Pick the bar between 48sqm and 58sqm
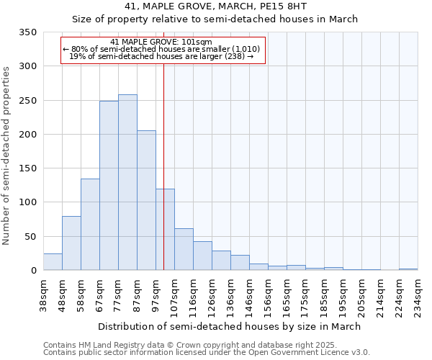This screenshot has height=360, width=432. pyautogui.click(x=71, y=243)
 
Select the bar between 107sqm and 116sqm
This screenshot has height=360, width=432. pyautogui.click(x=184, y=249)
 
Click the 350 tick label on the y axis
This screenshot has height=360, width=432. pyautogui.click(x=27, y=32)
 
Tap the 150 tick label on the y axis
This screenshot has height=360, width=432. pyautogui.click(x=27, y=168)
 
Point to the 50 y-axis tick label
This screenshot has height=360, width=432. pyautogui.click(x=30, y=236)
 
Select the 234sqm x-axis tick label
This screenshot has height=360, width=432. pyautogui.click(x=418, y=295)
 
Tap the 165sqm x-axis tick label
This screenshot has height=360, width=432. pyautogui.click(x=287, y=295)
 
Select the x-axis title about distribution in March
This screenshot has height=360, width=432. pyautogui.click(x=230, y=326)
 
